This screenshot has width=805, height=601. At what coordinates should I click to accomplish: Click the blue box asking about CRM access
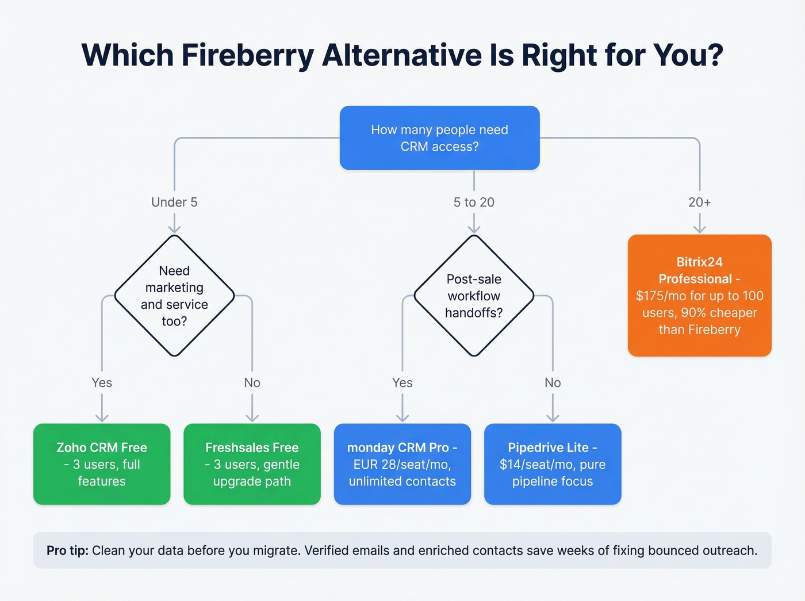[439, 138]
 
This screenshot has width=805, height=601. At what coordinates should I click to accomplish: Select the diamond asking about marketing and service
[174, 296]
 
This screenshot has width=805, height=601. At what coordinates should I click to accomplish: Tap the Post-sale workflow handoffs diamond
[474, 296]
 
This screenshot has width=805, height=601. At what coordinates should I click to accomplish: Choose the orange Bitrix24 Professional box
[699, 295]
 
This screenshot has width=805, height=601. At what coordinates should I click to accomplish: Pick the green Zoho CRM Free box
[102, 464]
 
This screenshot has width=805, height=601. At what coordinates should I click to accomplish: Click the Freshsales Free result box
[252, 464]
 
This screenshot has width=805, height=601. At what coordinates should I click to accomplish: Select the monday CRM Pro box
[402, 464]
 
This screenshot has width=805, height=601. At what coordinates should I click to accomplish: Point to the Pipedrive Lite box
[552, 464]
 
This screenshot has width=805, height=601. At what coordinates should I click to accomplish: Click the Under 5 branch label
[174, 202]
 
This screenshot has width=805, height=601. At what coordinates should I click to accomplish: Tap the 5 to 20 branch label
[474, 202]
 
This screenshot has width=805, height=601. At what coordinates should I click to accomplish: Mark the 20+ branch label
[699, 202]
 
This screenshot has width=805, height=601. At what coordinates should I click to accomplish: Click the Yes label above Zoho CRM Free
[102, 383]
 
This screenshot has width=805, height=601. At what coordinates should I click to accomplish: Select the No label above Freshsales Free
[252, 383]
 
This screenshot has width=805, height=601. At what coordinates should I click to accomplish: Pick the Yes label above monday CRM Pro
[402, 383]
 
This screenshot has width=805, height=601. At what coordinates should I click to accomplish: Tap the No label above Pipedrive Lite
[552, 383]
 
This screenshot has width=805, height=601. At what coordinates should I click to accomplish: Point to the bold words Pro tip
[67, 550]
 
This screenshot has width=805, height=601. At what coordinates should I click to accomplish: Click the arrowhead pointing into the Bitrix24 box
[699, 229]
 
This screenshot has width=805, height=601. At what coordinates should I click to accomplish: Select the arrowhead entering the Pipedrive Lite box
[553, 418]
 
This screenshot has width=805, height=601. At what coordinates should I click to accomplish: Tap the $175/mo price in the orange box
[661, 296]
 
